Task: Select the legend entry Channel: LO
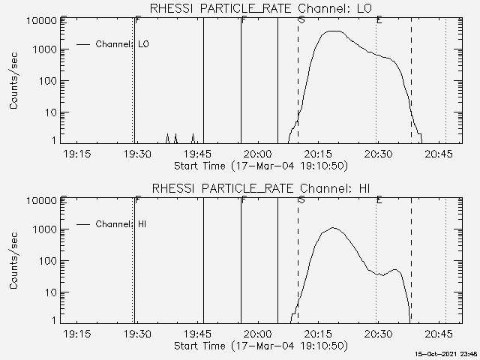point(123,44)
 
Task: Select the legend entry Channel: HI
point(123,223)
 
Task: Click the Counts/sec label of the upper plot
point(14,82)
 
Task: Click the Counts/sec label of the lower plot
point(14,261)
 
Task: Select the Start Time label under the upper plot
point(259,165)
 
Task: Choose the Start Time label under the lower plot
point(259,345)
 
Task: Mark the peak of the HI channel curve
point(333,228)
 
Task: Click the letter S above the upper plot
point(301,19)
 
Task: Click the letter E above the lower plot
point(379,199)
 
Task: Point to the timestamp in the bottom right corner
point(447,354)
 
